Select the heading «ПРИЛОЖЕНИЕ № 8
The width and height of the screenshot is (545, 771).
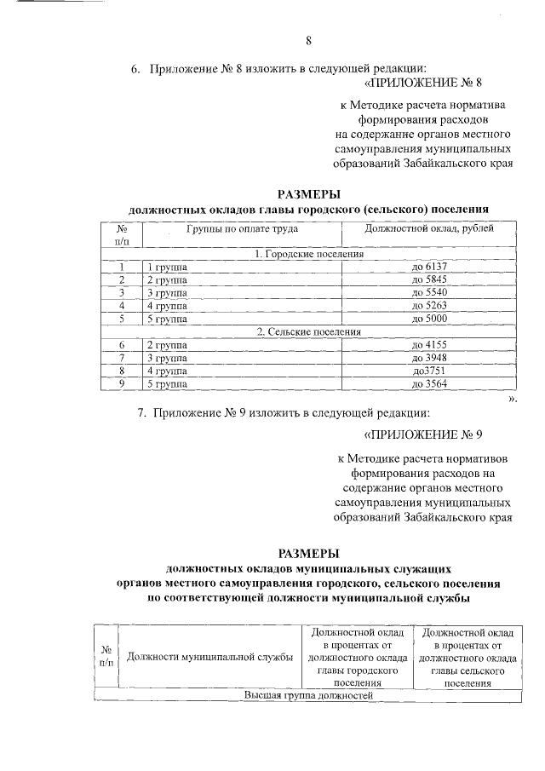point(423,83)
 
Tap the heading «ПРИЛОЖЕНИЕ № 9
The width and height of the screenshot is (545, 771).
point(423,434)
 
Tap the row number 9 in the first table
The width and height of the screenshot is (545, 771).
point(122,383)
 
